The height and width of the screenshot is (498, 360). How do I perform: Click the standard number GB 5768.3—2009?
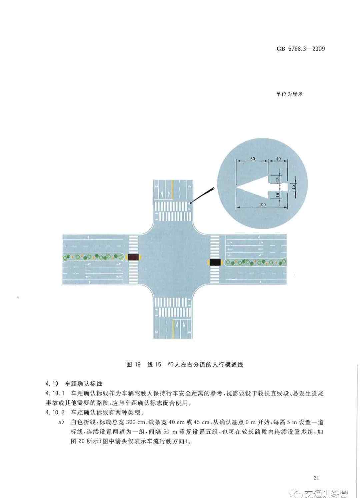click(301, 49)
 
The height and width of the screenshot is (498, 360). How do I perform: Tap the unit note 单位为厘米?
click(289, 94)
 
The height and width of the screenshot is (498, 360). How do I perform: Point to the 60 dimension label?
click(252, 159)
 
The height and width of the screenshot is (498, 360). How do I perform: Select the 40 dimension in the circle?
click(278, 159)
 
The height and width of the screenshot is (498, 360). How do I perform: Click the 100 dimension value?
click(262, 204)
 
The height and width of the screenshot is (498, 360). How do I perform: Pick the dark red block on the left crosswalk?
click(133, 257)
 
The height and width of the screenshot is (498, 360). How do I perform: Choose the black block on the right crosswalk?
click(215, 262)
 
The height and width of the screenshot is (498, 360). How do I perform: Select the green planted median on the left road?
click(93, 257)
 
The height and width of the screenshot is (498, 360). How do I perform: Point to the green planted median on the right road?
click(256, 262)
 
